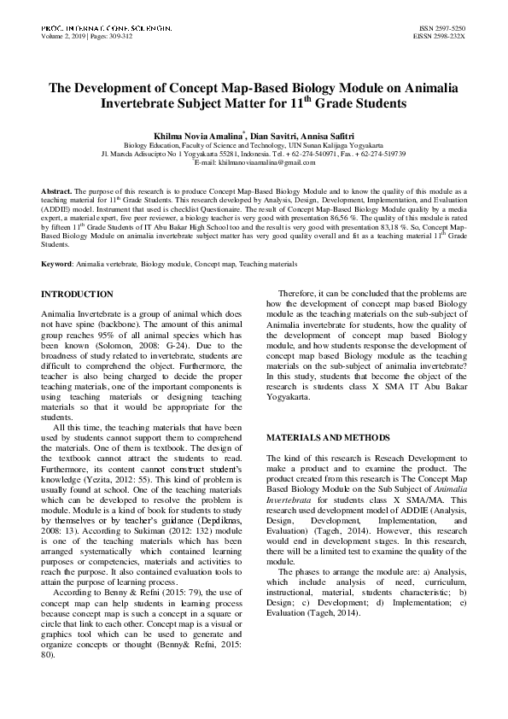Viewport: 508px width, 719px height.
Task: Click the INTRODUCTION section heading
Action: tap(78, 294)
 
